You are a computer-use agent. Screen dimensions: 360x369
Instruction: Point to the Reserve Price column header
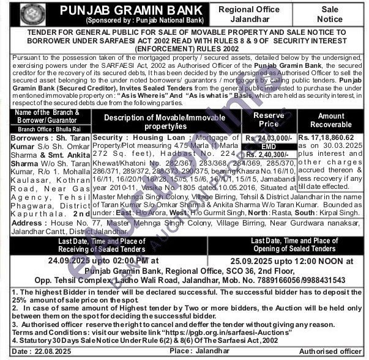click(x=268, y=120)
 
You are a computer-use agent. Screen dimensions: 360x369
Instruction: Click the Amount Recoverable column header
click(x=331, y=120)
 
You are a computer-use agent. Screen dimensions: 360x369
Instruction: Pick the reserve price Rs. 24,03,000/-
click(x=269, y=139)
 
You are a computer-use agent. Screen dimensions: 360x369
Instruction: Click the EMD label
click(x=269, y=147)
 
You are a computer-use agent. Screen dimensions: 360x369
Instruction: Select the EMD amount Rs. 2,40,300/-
click(x=269, y=155)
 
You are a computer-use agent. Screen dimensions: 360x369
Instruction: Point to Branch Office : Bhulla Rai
click(x=47, y=130)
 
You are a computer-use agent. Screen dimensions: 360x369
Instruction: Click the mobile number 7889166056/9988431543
click(x=291, y=280)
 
